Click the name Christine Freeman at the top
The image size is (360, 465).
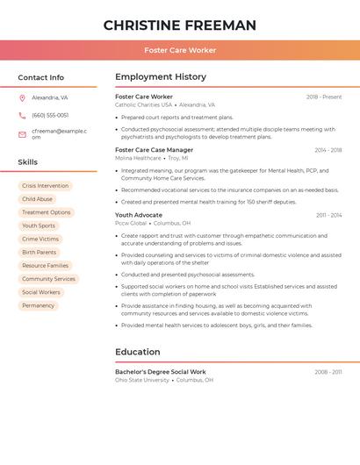pyautogui.click(x=180, y=25)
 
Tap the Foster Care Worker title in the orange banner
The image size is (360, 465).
pyautogui.click(x=180, y=50)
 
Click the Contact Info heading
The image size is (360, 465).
pyautogui.click(x=40, y=77)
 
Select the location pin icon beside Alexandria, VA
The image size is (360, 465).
pyautogui.click(x=22, y=98)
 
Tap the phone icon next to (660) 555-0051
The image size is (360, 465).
pyautogui.click(x=22, y=116)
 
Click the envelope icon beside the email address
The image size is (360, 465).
pyautogui.click(x=22, y=134)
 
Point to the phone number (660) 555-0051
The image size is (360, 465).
pyautogui.click(x=50, y=116)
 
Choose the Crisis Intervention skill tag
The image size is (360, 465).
pyautogui.click(x=45, y=186)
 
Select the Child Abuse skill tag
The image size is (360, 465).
pyautogui.click(x=37, y=199)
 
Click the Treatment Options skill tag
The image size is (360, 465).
pyautogui.click(x=46, y=212)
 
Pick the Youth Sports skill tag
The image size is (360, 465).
pyautogui.click(x=38, y=225)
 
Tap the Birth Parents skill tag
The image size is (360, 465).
pyautogui.click(x=39, y=253)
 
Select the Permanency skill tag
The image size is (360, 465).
pyautogui.click(x=38, y=305)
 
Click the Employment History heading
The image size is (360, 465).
pyautogui.click(x=161, y=77)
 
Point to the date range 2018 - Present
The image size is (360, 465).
pyautogui.click(x=324, y=97)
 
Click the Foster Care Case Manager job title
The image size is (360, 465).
pyautogui.click(x=154, y=150)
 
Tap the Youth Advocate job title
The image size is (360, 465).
pyautogui.click(x=139, y=215)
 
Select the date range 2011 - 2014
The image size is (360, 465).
pyautogui.click(x=328, y=215)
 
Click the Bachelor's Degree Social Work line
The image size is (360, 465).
pyautogui.click(x=161, y=372)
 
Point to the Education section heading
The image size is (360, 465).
pyautogui.click(x=137, y=352)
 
